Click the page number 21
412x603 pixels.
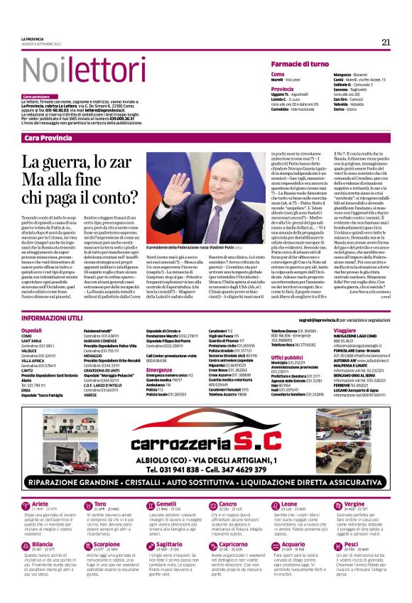pyautogui.click(x=386, y=42)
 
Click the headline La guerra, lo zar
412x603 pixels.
pyautogui.click(x=75, y=164)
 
